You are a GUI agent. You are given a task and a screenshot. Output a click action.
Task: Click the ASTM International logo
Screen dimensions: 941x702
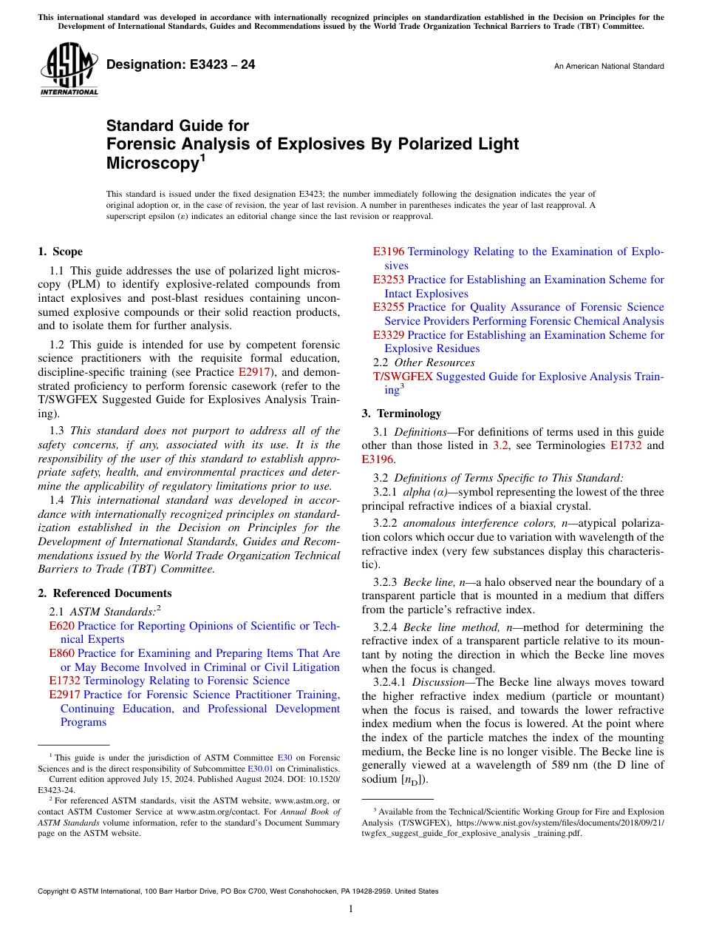(x=68, y=70)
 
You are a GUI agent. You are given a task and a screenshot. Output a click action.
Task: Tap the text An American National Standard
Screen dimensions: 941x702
(x=608, y=67)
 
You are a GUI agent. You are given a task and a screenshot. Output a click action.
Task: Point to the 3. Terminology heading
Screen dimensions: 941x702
(x=401, y=414)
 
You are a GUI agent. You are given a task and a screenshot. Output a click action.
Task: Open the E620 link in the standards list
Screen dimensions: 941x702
(x=61, y=626)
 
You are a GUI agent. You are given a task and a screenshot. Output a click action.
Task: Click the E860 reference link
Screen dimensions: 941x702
(x=61, y=653)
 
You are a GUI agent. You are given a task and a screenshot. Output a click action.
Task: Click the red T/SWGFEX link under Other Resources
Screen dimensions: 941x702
(x=403, y=377)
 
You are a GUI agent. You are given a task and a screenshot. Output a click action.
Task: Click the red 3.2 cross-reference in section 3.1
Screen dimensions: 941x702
(x=500, y=445)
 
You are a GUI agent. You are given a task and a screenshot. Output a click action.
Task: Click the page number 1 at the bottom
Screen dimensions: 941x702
(x=351, y=909)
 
